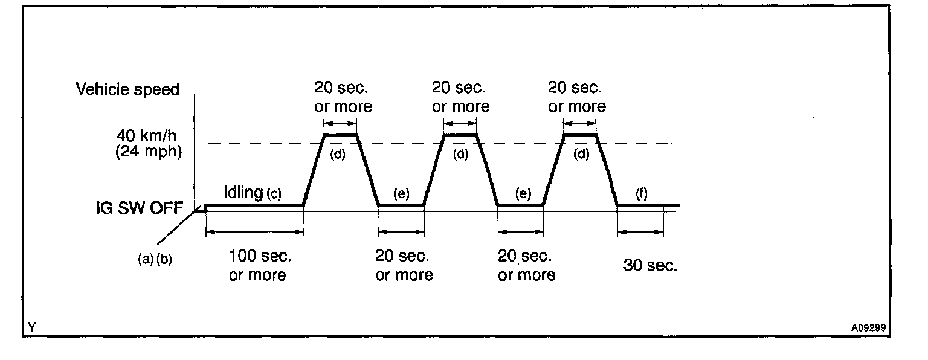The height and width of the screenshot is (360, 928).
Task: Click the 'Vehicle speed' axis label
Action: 127,90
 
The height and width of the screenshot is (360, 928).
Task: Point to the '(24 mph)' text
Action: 149,151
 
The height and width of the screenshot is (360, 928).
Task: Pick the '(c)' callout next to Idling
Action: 274,194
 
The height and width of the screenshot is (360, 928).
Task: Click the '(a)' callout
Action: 144,261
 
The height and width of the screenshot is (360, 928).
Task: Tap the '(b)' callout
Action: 164,261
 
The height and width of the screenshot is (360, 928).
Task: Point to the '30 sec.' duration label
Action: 650,266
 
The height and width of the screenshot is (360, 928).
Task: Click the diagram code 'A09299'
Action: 868,328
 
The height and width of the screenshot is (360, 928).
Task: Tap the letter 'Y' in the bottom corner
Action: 31,328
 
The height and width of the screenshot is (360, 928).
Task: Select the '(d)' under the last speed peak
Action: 581,153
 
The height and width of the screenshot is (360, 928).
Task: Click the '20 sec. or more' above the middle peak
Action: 460,97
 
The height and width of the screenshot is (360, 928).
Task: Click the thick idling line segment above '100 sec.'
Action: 254,205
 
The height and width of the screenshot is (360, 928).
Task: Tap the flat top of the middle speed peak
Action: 460,135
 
